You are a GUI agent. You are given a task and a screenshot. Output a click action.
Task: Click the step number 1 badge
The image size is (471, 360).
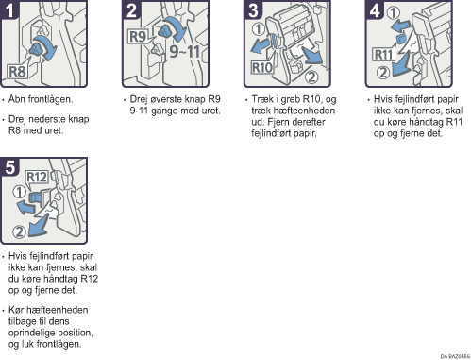click(9, 9)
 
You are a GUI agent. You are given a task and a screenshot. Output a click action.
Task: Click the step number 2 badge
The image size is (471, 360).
click(131, 9)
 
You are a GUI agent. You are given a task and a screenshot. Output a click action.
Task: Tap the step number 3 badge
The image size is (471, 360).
click(253, 9)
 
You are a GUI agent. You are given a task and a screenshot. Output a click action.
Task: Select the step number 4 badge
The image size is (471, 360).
click(375, 9)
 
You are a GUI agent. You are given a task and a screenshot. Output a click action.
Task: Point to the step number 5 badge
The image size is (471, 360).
click(9, 166)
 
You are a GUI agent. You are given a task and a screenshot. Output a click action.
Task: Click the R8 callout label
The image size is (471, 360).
click(17, 72)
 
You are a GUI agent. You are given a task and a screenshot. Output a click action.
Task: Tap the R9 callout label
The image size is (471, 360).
click(138, 37)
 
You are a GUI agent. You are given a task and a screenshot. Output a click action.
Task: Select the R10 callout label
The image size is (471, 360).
click(261, 67)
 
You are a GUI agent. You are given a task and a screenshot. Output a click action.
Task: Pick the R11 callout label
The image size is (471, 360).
click(384, 55)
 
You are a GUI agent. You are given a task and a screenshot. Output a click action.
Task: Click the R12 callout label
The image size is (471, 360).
click(37, 177)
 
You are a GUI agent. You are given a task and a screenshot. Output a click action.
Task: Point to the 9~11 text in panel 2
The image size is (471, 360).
click(185, 51)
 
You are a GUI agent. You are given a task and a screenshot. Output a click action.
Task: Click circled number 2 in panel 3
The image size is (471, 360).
click(311, 77)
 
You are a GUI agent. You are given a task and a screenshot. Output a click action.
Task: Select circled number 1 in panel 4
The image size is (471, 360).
click(393, 13)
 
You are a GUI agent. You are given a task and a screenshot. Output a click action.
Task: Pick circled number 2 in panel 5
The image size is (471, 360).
click(19, 231)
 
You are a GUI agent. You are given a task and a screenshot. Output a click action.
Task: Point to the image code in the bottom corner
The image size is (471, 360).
click(455, 356)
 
